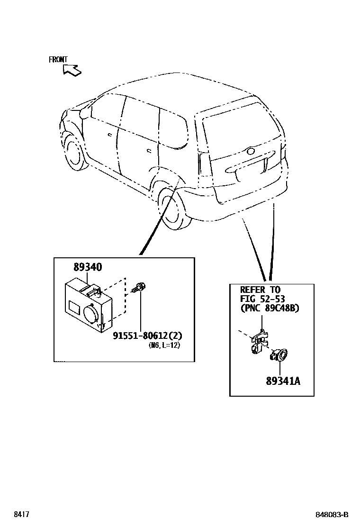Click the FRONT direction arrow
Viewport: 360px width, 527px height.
pyautogui.click(x=72, y=70)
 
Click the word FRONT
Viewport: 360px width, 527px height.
pyautogui.click(x=58, y=60)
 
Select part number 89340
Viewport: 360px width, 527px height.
pyautogui.click(x=88, y=267)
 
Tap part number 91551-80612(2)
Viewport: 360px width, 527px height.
pyautogui.click(x=147, y=336)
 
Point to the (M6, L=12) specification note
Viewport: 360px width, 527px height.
pyautogui.click(x=164, y=345)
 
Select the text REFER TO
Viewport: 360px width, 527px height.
pyautogui.click(x=260, y=290)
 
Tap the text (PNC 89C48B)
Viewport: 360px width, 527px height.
pyautogui.click(x=270, y=308)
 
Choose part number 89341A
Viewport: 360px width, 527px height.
pyautogui.click(x=283, y=380)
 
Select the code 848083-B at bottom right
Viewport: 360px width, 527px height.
pyautogui.click(x=332, y=515)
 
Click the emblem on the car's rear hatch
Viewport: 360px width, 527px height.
pyautogui.click(x=250, y=152)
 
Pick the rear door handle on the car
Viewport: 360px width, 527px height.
pyautogui.click(x=149, y=151)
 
